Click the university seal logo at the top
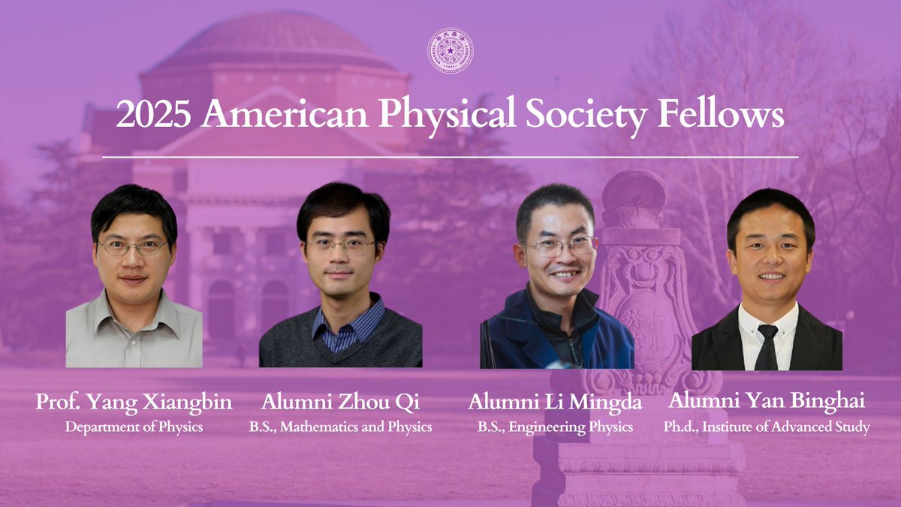pyautogui.click(x=450, y=50)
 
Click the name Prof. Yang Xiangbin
pyautogui.click(x=134, y=402)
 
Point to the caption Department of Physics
pyautogui.click(x=134, y=427)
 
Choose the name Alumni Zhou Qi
pyautogui.click(x=340, y=402)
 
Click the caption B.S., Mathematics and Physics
pyautogui.click(x=340, y=427)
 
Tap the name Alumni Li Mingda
pyautogui.click(x=555, y=403)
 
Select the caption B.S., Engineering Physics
pyautogui.click(x=555, y=427)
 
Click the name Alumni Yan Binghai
pyautogui.click(x=767, y=402)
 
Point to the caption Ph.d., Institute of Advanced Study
pyautogui.click(x=767, y=427)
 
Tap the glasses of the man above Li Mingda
pyautogui.click(x=560, y=245)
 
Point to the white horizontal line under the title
pyautogui.click(x=450, y=157)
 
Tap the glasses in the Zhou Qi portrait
pyautogui.click(x=342, y=245)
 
